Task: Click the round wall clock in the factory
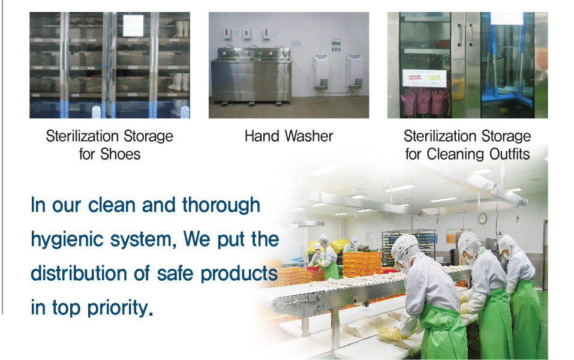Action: click(x=482, y=218)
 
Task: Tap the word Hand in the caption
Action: click(x=262, y=136)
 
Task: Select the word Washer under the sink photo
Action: click(x=309, y=136)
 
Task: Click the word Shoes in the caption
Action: click(x=120, y=154)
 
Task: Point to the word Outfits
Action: click(x=509, y=154)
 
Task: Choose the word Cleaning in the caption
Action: click(x=456, y=154)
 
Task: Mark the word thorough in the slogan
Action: click(x=221, y=205)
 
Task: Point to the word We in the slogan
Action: click(x=196, y=239)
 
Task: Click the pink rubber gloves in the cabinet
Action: click(x=426, y=101)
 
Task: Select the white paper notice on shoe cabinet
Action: click(x=133, y=25)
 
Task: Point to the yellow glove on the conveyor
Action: click(x=391, y=332)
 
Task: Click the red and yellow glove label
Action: click(x=424, y=78)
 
